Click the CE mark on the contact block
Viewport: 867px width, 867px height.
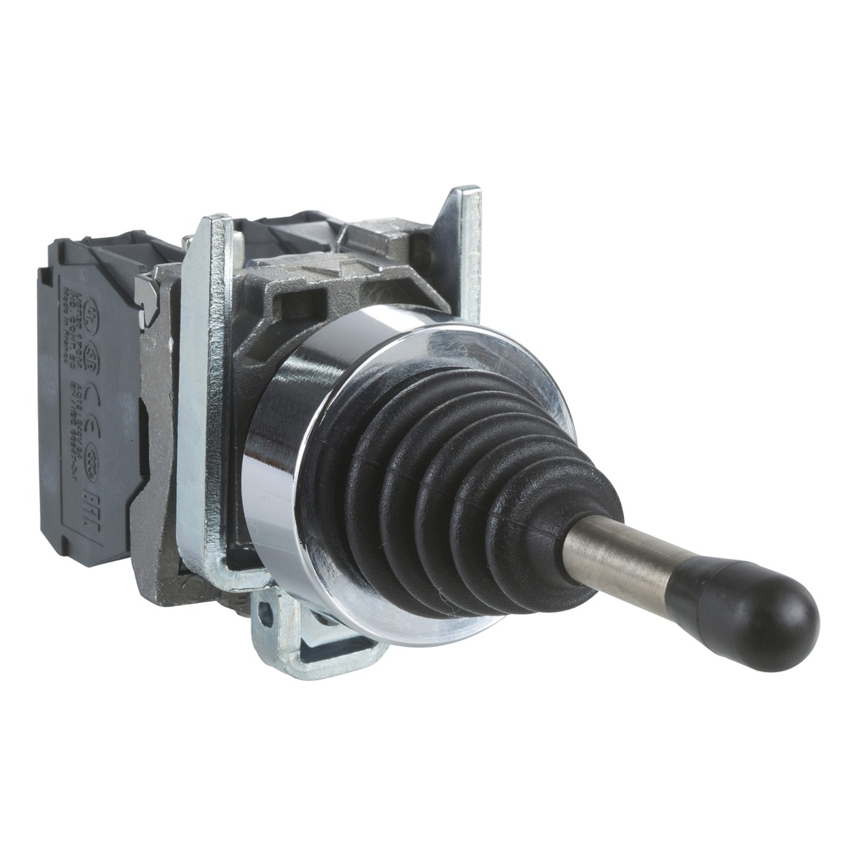(93, 409)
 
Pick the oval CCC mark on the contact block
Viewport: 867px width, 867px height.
(91, 462)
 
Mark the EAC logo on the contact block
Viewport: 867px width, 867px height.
(91, 511)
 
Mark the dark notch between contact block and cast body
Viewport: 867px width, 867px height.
(145, 426)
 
